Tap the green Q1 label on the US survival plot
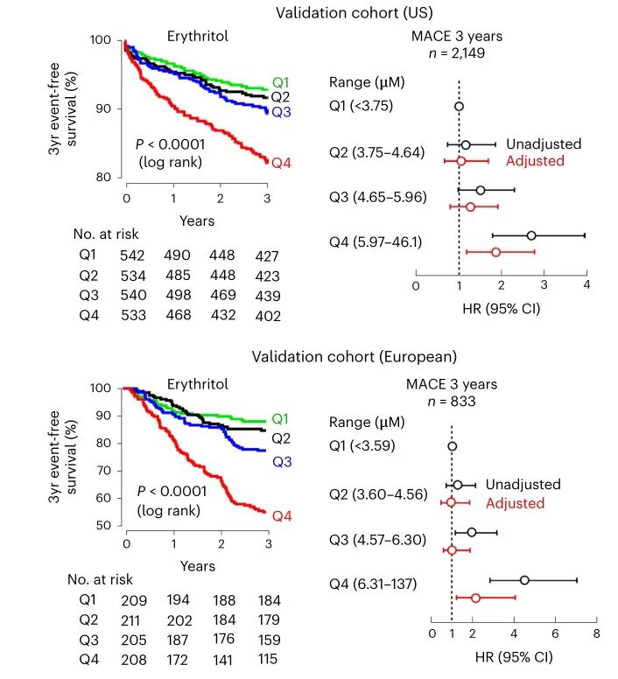tap(281, 83)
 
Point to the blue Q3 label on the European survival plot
tap(281, 461)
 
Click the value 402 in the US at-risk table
tap(268, 316)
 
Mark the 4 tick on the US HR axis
tap(586, 286)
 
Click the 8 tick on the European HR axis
tap(596, 633)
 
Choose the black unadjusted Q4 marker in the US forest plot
tap(531, 235)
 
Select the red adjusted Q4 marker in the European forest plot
tap(475, 598)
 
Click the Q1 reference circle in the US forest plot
tap(459, 106)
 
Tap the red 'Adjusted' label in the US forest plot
tap(535, 161)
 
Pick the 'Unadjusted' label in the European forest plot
tap(523, 485)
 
